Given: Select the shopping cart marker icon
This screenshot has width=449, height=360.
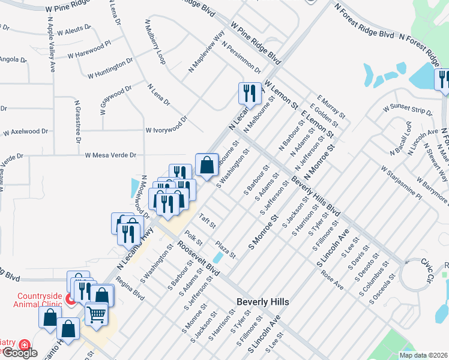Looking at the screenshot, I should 96,313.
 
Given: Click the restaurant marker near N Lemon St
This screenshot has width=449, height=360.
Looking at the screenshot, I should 250,93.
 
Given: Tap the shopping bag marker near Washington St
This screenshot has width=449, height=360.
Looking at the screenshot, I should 206,164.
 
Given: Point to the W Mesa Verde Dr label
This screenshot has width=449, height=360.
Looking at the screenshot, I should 110,155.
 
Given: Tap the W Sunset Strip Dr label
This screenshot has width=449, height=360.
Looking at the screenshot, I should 408,110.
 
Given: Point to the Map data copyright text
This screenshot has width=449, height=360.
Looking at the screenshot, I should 423,355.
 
